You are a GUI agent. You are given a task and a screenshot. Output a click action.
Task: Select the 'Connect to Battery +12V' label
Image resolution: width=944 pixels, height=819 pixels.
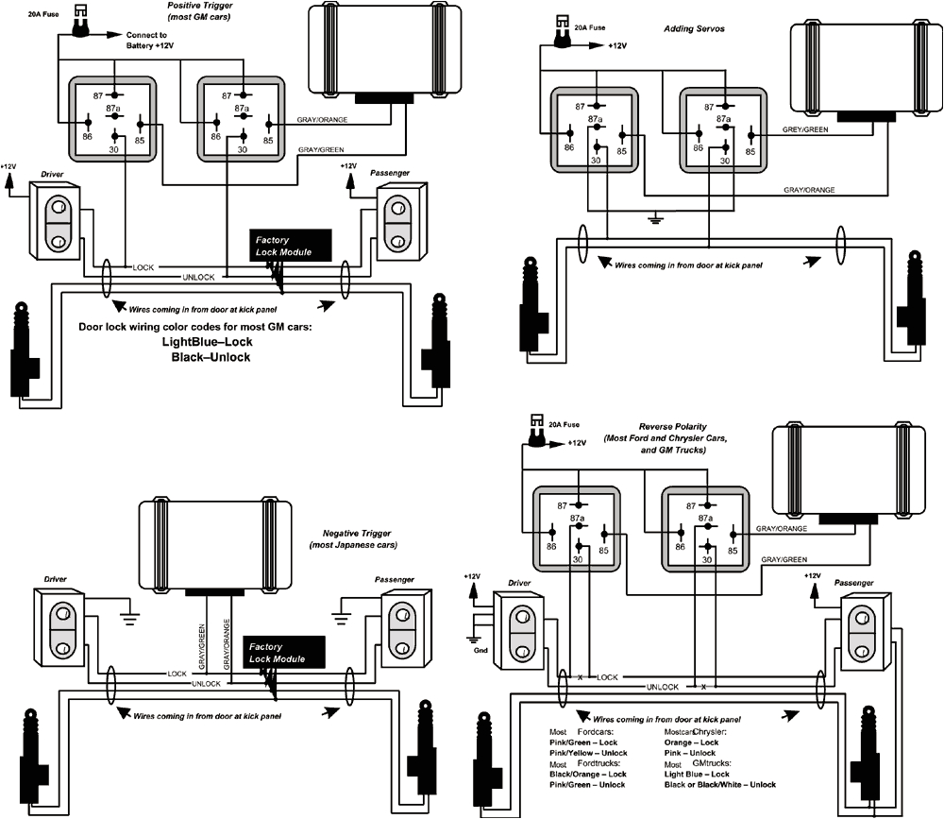[151, 41]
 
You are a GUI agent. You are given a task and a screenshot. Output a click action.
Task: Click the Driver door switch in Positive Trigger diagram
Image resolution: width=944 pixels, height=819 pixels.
[56, 220]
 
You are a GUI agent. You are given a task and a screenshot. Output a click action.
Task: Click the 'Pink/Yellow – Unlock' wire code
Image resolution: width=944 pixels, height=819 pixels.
[588, 753]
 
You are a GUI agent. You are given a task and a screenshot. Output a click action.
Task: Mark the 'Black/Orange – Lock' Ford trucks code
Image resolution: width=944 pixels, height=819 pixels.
[588, 774]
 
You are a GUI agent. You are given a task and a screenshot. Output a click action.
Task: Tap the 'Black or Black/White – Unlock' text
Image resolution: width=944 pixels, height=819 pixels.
[719, 784]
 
